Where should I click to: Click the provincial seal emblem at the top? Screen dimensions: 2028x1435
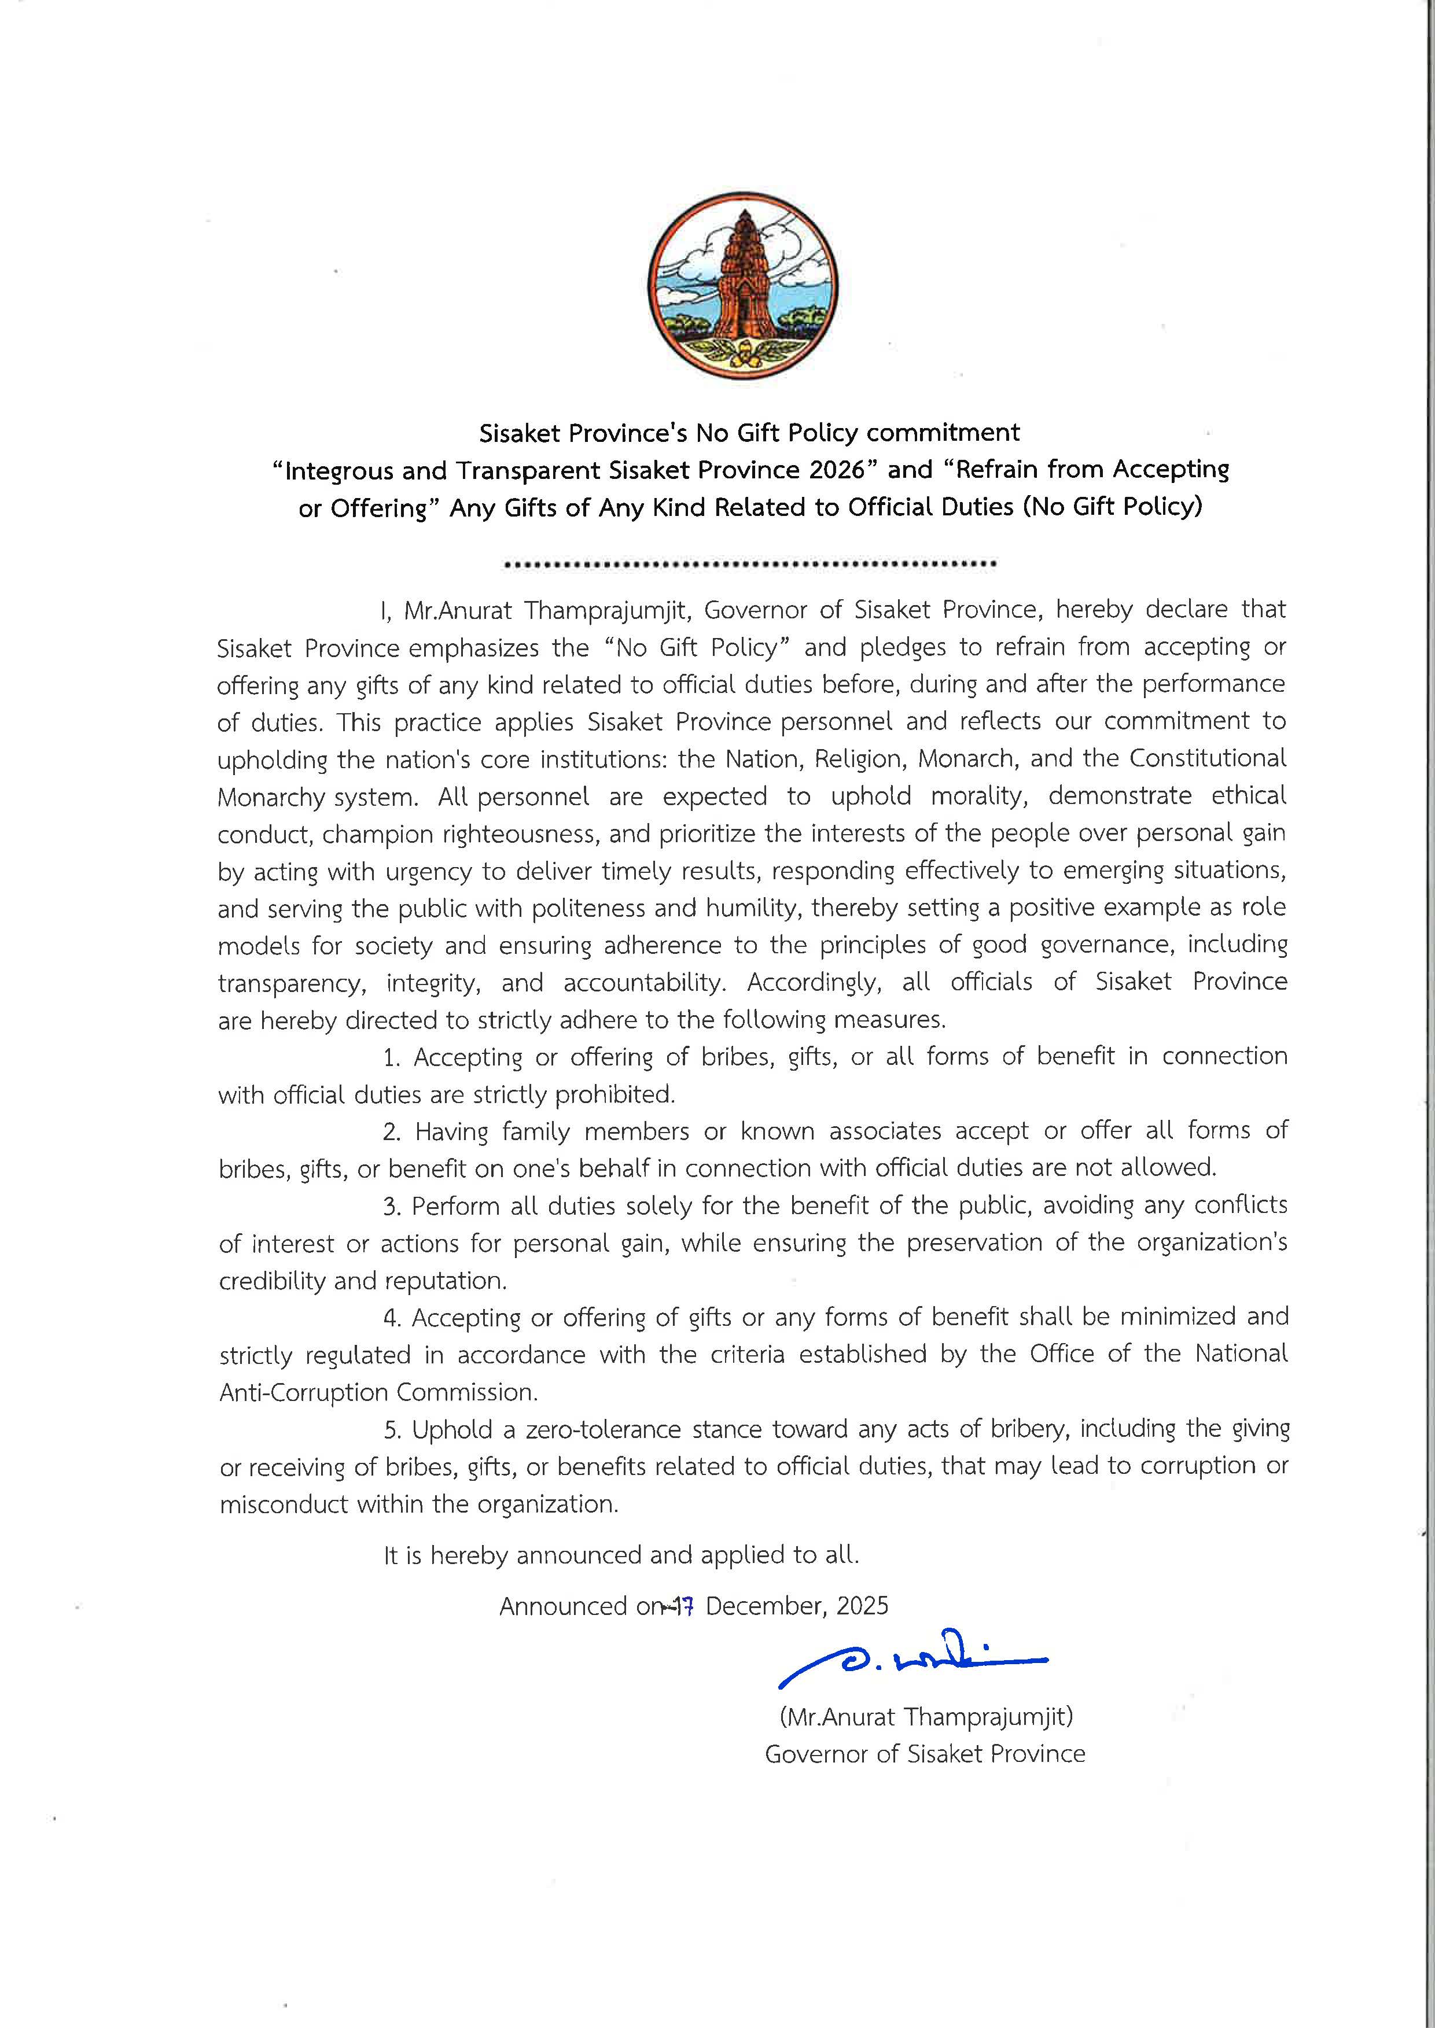click(x=743, y=287)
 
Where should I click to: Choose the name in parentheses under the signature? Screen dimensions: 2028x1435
click(x=925, y=1717)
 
